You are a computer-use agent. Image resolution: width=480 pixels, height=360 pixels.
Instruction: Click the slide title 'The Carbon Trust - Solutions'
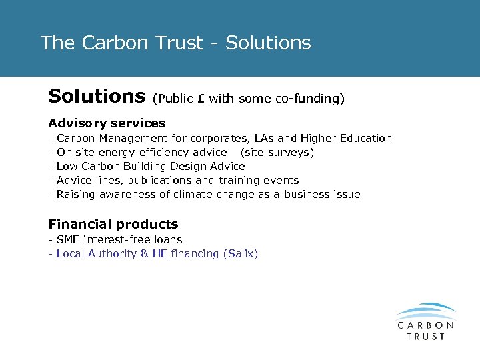point(175,43)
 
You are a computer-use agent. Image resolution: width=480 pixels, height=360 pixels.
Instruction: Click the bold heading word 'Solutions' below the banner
point(97,97)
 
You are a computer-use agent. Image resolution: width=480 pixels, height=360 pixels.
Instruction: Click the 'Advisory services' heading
point(107,123)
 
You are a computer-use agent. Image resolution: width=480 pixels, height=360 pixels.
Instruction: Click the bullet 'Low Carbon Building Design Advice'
point(151,167)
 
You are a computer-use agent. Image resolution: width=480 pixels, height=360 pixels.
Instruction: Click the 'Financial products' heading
point(113,225)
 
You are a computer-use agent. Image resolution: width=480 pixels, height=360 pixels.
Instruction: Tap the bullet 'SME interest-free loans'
point(119,239)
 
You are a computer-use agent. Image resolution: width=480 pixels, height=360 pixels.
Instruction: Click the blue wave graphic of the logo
point(425,312)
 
